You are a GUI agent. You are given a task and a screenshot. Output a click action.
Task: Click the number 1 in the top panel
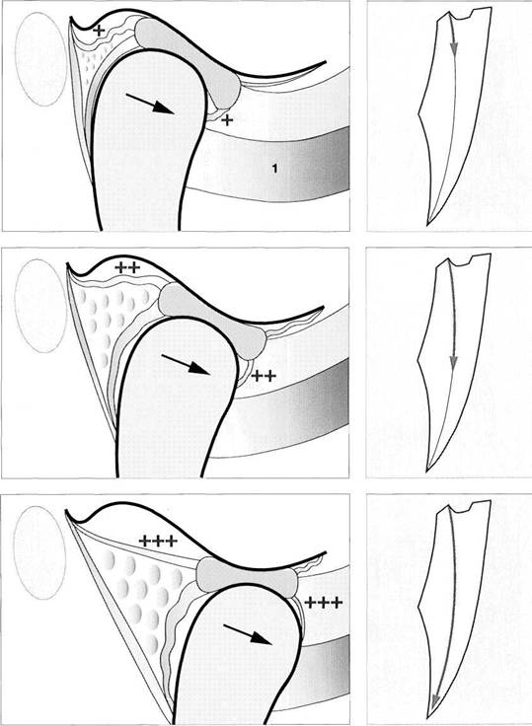click(274, 169)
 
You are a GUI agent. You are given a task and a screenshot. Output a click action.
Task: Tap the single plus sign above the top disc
click(99, 31)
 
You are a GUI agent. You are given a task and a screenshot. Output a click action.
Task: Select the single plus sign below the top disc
click(227, 120)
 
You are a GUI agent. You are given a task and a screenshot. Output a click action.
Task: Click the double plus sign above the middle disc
click(127, 267)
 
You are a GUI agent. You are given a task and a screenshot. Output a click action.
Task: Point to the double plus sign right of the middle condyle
click(264, 376)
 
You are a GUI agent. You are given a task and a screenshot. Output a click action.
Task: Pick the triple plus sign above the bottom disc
click(158, 541)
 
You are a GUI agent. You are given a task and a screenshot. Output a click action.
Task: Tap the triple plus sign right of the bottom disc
click(324, 603)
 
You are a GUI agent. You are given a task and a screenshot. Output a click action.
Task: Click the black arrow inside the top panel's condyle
click(150, 104)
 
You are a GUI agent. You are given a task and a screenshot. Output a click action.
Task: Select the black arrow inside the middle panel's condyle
click(186, 364)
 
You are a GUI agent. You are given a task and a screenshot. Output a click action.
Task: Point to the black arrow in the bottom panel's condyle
click(248, 634)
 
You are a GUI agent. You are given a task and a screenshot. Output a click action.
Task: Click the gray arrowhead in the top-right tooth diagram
click(455, 51)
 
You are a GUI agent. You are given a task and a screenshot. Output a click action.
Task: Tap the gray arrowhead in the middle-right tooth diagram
click(454, 363)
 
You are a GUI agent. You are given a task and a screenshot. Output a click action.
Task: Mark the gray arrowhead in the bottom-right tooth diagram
click(434, 700)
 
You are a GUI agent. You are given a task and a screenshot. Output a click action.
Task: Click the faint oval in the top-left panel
click(41, 59)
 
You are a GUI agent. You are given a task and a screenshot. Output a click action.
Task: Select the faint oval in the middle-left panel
click(40, 306)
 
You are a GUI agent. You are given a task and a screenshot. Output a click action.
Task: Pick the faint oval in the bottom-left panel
click(39, 552)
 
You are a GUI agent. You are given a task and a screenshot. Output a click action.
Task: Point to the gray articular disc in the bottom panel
click(246, 575)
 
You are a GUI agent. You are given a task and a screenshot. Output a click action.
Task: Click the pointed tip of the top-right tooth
click(426, 226)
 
